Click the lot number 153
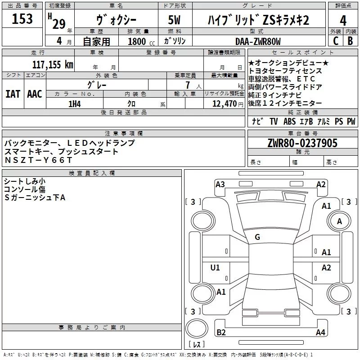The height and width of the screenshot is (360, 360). pyautogui.click(x=22, y=19)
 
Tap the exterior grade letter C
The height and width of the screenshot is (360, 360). pyautogui.click(x=335, y=40)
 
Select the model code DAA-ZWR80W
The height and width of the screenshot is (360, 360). pyautogui.click(x=258, y=41)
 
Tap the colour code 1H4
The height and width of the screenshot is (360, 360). pyautogui.click(x=74, y=103)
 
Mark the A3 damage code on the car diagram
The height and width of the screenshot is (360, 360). pyautogui.click(x=220, y=184)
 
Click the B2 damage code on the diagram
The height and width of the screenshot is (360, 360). pyautogui.click(x=221, y=332)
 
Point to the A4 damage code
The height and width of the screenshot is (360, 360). pyautogui.click(x=320, y=333)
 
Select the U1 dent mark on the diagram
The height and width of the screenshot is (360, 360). pyautogui.click(x=215, y=268)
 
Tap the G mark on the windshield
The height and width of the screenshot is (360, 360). pyautogui.click(x=257, y=237)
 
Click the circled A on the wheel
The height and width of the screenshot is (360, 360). pyautogui.click(x=339, y=221)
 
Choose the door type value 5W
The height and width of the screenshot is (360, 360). pyautogui.click(x=175, y=20)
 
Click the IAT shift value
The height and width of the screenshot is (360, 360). pyautogui.click(x=13, y=94)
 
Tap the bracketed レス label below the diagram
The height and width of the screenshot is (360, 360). pyautogui.click(x=196, y=345)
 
